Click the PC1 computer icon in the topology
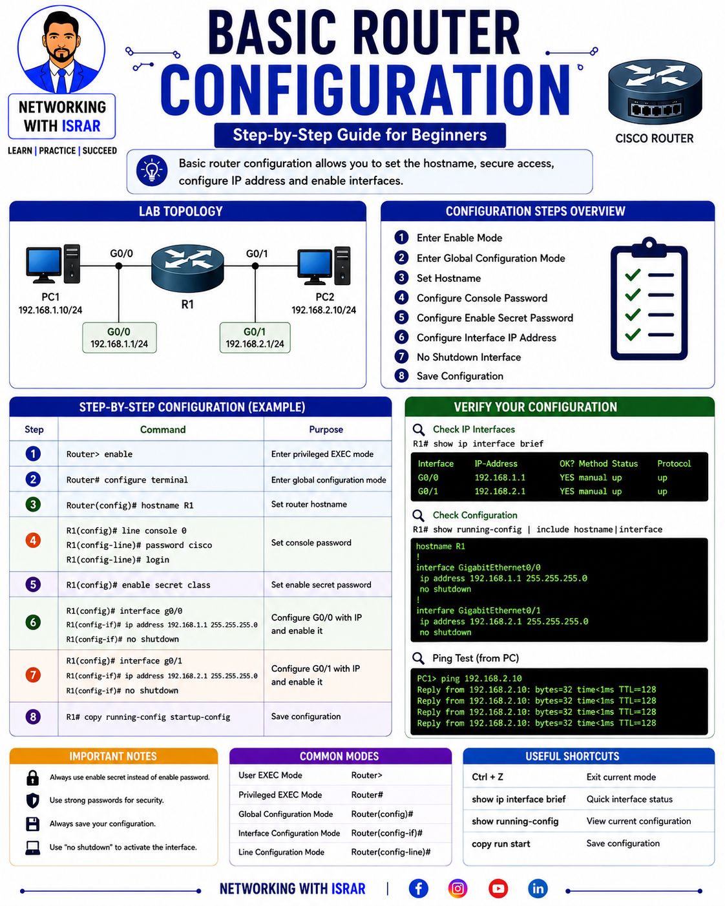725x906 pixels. pyautogui.click(x=52, y=264)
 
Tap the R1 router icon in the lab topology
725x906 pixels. pyautogui.click(x=187, y=268)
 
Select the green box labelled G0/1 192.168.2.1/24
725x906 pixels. pyautogui.click(x=255, y=337)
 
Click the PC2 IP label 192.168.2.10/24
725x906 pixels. pyautogui.click(x=324, y=310)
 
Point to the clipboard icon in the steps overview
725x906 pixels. pyautogui.click(x=649, y=299)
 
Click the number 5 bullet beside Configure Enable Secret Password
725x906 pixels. pyautogui.click(x=401, y=317)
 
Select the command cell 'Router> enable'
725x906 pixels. pyautogui.click(x=100, y=454)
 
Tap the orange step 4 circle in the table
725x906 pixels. pyautogui.click(x=33, y=540)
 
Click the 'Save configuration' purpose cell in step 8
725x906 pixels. pyautogui.click(x=306, y=717)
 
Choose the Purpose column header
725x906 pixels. pyautogui.click(x=326, y=430)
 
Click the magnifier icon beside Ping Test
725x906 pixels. pyautogui.click(x=418, y=658)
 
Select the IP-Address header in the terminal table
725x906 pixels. pyautogui.click(x=496, y=463)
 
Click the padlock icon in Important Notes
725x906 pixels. pyautogui.click(x=32, y=778)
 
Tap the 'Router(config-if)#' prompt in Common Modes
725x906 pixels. pyautogui.click(x=386, y=833)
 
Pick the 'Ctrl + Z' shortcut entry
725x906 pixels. pyautogui.click(x=488, y=777)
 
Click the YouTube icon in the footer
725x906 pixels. pyautogui.click(x=498, y=889)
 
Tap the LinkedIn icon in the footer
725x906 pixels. pyautogui.click(x=538, y=889)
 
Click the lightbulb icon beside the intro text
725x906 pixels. pyautogui.click(x=152, y=171)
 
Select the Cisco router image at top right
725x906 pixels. pyautogui.click(x=655, y=92)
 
